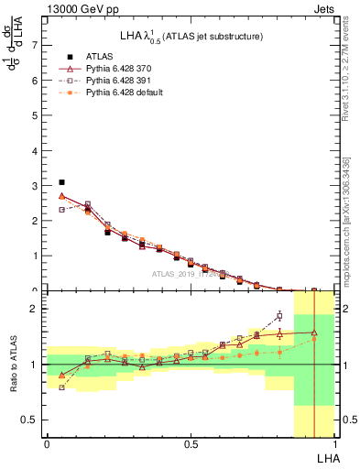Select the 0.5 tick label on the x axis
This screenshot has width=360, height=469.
pyautogui.click(x=190, y=444)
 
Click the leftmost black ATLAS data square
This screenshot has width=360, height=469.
pyautogui.click(x=61, y=182)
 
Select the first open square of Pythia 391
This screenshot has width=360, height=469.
pyautogui.click(x=61, y=210)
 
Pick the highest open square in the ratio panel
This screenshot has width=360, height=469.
pyautogui.click(x=279, y=317)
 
